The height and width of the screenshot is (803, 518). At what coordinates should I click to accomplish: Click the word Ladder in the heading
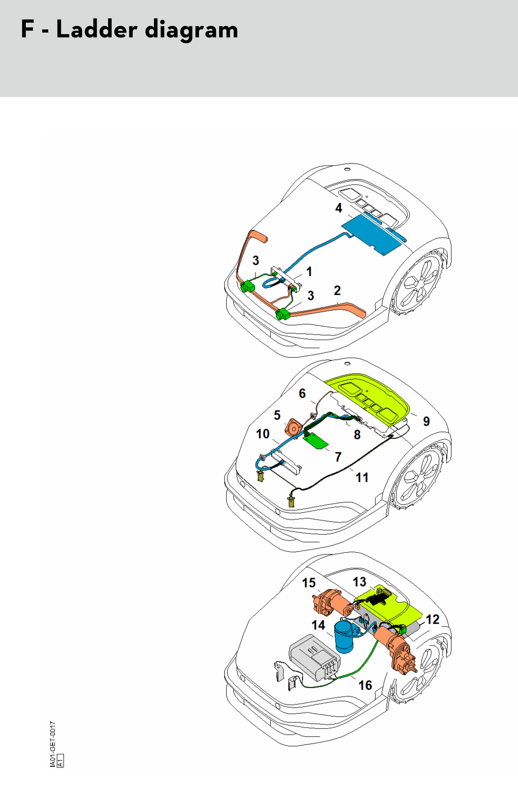coord(97,29)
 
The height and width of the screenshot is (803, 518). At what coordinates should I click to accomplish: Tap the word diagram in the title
coord(191,30)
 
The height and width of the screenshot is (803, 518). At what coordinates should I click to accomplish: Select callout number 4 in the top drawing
coord(339,208)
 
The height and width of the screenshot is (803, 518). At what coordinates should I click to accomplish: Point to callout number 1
coord(309,271)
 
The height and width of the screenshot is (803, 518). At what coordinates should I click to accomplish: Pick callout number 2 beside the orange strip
coord(337,290)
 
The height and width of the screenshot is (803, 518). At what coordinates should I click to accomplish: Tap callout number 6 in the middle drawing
coord(302,393)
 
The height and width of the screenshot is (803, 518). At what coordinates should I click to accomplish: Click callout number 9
coord(426,421)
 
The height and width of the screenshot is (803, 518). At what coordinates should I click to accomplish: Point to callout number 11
coord(362,477)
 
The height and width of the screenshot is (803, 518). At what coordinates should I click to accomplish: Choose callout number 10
coord(263,434)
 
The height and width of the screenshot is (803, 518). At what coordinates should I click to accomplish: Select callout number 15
coord(309,583)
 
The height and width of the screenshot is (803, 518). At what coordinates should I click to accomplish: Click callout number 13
coord(359,582)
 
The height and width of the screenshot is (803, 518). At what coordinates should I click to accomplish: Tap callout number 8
coord(357,434)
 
